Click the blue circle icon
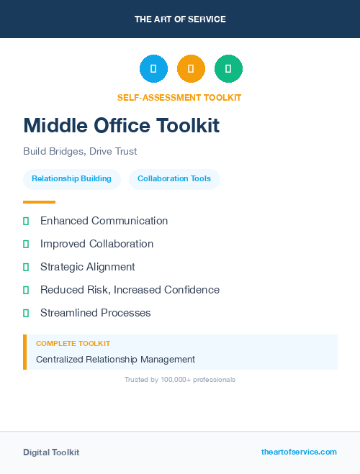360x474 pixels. pyautogui.click(x=153, y=69)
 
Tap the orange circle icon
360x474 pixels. pyautogui.click(x=191, y=69)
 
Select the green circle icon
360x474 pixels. pyautogui.click(x=228, y=69)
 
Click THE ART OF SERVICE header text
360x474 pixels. pyautogui.click(x=180, y=19)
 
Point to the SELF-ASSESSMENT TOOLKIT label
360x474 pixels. pyautogui.click(x=179, y=97)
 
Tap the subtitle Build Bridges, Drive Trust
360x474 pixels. pyautogui.click(x=80, y=151)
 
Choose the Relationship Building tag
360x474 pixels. pyautogui.click(x=71, y=178)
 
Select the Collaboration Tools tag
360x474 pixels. pyautogui.click(x=174, y=178)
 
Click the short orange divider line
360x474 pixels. pyautogui.click(x=39, y=202)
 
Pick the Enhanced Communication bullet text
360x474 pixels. pyautogui.click(x=104, y=221)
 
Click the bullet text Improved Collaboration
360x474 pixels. pyautogui.click(x=96, y=244)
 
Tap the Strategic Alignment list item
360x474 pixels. pyautogui.click(x=87, y=267)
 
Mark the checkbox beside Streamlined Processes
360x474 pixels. pyautogui.click(x=26, y=313)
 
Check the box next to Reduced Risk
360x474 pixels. pyautogui.click(x=26, y=290)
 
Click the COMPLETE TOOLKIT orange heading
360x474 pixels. pyautogui.click(x=73, y=344)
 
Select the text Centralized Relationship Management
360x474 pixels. pyautogui.click(x=115, y=359)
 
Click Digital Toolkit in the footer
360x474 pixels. pyautogui.click(x=51, y=452)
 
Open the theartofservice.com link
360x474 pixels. pyautogui.click(x=299, y=452)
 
